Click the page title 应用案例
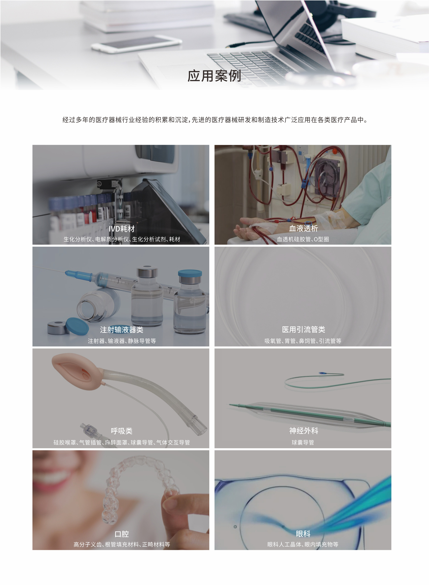coord(214,76)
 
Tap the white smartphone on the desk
coord(136,44)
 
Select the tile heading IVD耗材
coord(121,229)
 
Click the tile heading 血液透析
coord(303,228)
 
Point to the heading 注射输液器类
coord(121,330)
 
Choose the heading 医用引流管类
coord(303,329)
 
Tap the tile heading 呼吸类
coord(121,431)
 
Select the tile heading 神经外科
coord(304,431)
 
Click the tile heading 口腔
coord(121,534)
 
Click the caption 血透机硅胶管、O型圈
coord(303,239)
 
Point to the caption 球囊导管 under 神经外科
coord(303,442)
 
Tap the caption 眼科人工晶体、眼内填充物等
coord(303,545)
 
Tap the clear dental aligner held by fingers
coord(138,488)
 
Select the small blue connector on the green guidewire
coord(323,373)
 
